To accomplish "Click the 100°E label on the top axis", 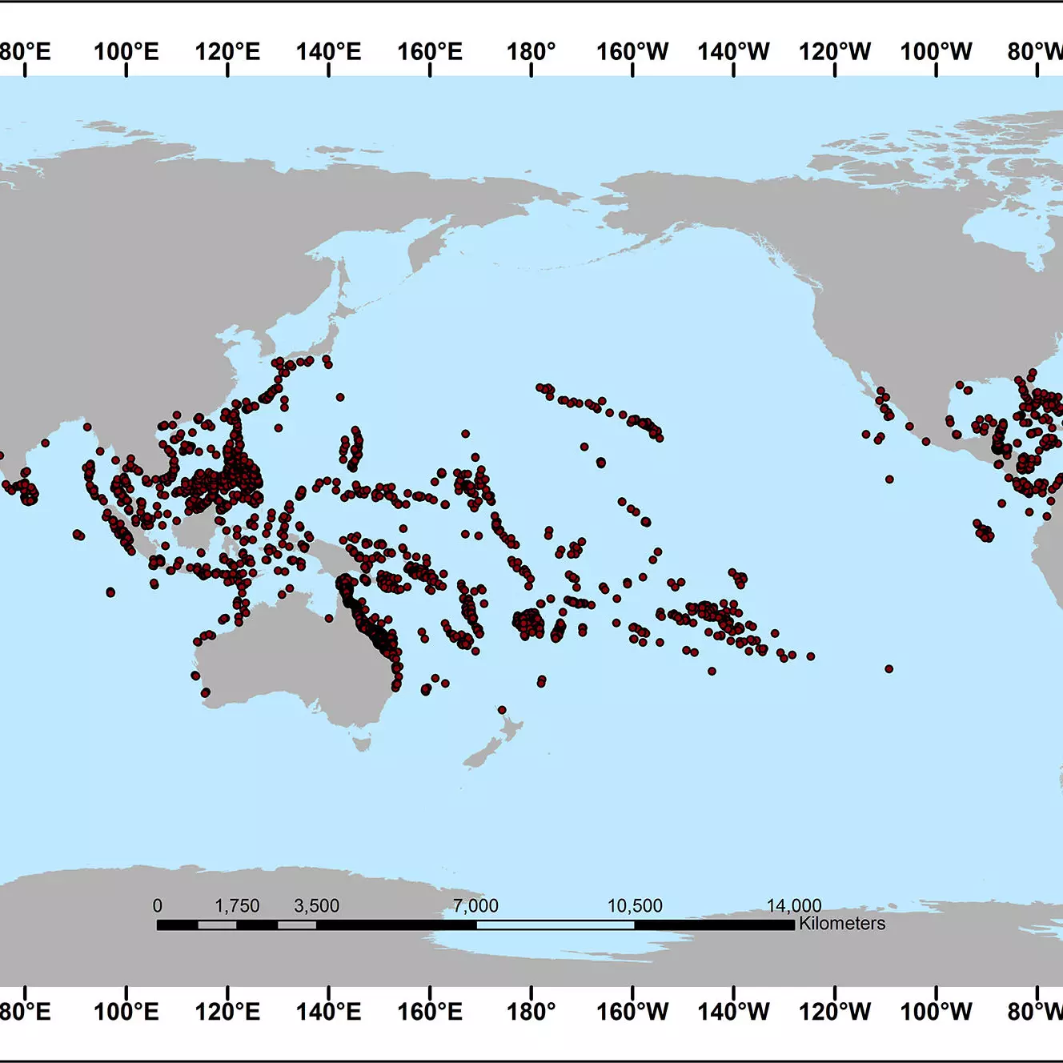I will (126, 52).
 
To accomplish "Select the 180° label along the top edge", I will (531, 52).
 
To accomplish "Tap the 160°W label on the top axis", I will (632, 52).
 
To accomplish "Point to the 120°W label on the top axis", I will (835, 52).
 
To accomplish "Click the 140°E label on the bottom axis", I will (328, 1011).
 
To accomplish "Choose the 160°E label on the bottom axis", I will (430, 1011).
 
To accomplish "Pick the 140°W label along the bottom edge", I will (733, 1011).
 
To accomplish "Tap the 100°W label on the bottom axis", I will (936, 1011).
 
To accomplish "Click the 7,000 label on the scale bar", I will (475, 905).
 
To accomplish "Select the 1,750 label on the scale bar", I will (237, 905).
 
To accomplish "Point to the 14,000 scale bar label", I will (794, 905).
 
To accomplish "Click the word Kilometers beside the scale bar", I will (842, 923).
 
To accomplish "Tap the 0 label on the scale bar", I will (158, 905).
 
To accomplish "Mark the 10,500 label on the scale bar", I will (635, 905).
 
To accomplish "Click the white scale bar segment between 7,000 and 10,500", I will (556, 925).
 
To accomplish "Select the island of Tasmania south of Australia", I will (363, 744).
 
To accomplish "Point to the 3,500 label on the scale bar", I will (316, 905).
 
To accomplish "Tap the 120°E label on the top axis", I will (227, 52).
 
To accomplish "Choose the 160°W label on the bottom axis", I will (632, 1011).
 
